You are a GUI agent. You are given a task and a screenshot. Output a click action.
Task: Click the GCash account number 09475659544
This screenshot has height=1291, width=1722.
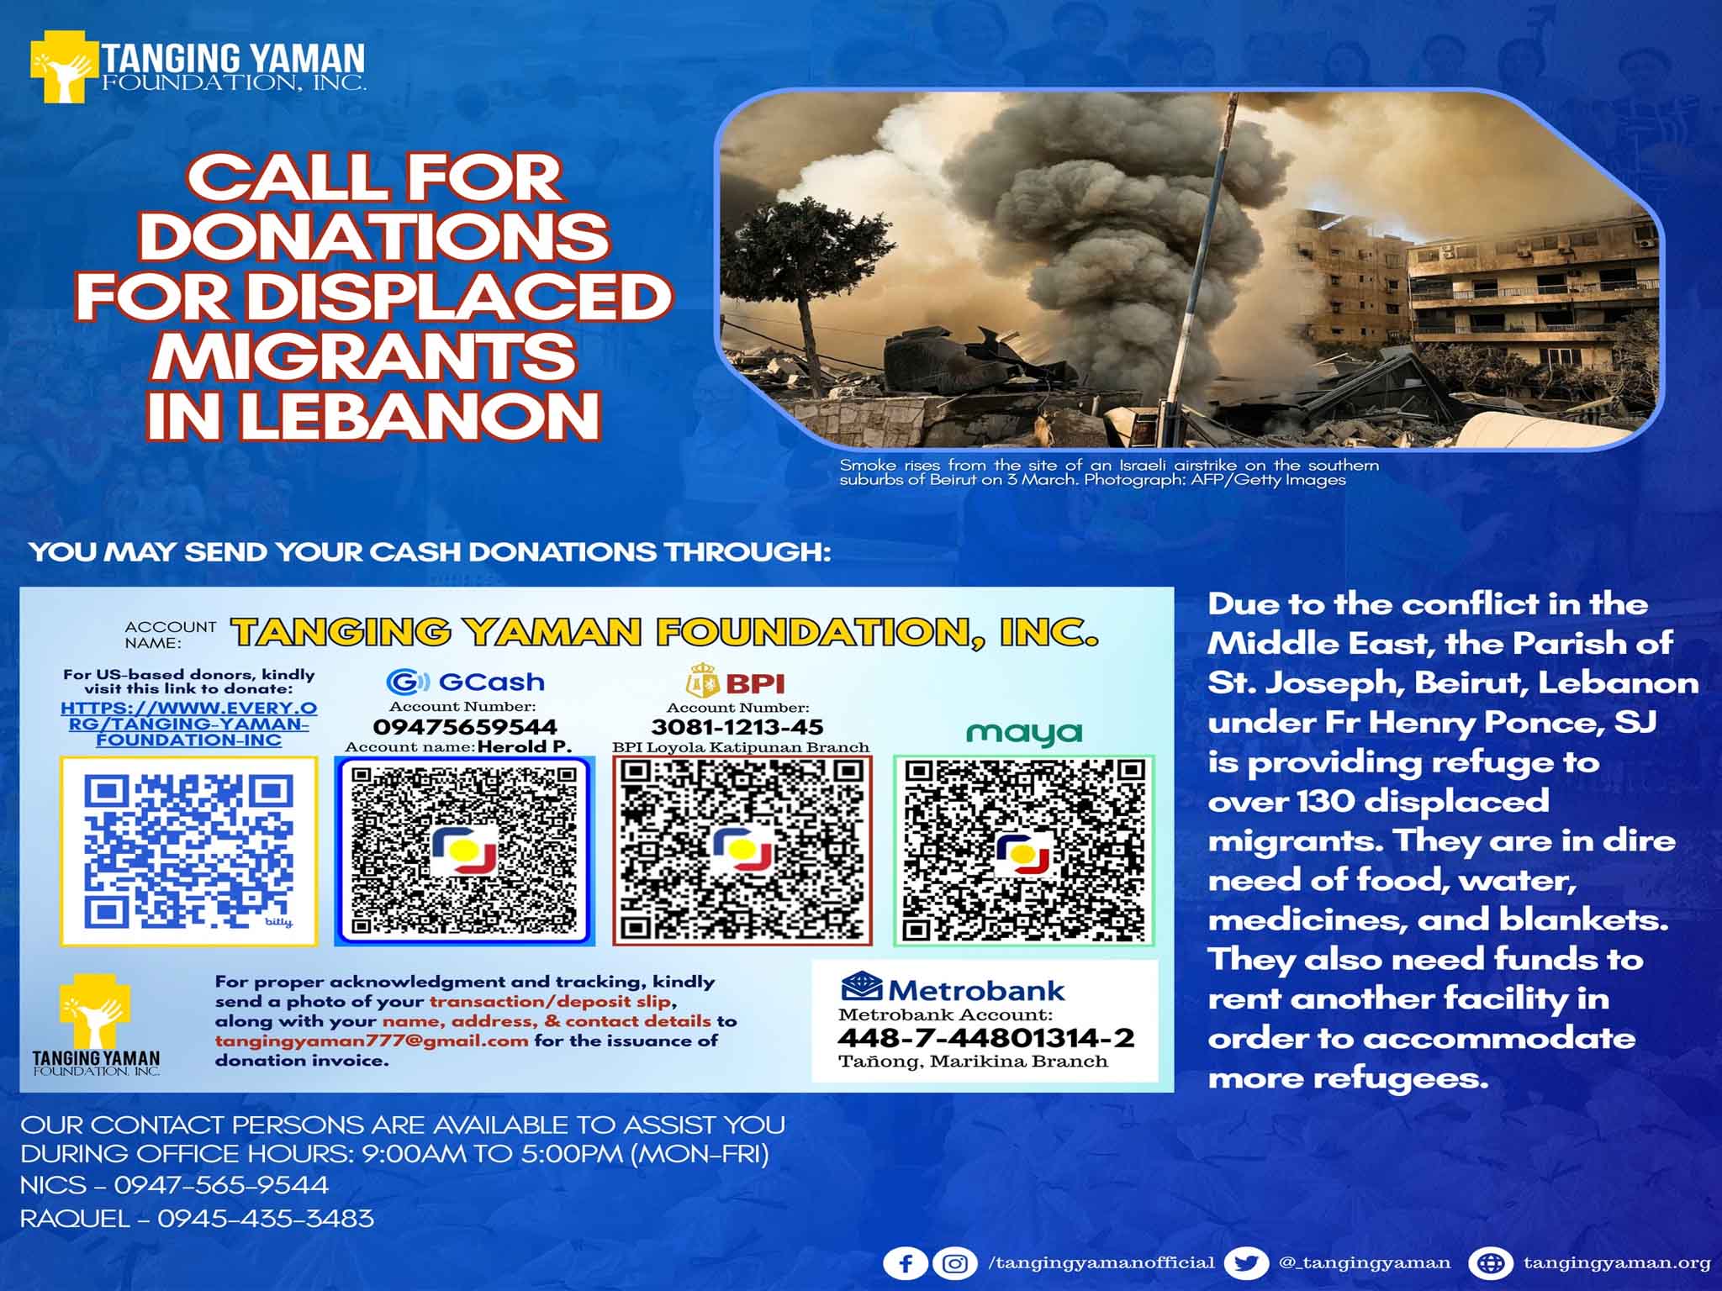click(465, 727)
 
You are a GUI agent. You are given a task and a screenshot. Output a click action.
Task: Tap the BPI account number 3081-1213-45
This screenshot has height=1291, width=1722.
click(737, 727)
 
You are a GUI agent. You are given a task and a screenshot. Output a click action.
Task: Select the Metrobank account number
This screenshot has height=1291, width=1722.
click(985, 1038)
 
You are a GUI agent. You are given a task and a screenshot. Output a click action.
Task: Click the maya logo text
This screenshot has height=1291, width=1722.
click(1024, 733)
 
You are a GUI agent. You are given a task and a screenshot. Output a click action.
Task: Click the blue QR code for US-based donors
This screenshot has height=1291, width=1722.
click(189, 851)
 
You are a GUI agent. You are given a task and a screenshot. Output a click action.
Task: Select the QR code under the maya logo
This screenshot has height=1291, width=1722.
click(1023, 851)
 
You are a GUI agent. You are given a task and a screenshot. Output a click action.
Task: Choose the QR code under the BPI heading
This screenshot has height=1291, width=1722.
click(742, 851)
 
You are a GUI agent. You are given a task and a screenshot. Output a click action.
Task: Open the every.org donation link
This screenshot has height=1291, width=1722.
click(189, 724)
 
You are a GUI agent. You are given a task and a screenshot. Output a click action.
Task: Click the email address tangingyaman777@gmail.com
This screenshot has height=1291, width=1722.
click(372, 1041)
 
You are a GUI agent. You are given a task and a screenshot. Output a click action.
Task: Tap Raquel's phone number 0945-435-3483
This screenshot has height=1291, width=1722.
click(266, 1219)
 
